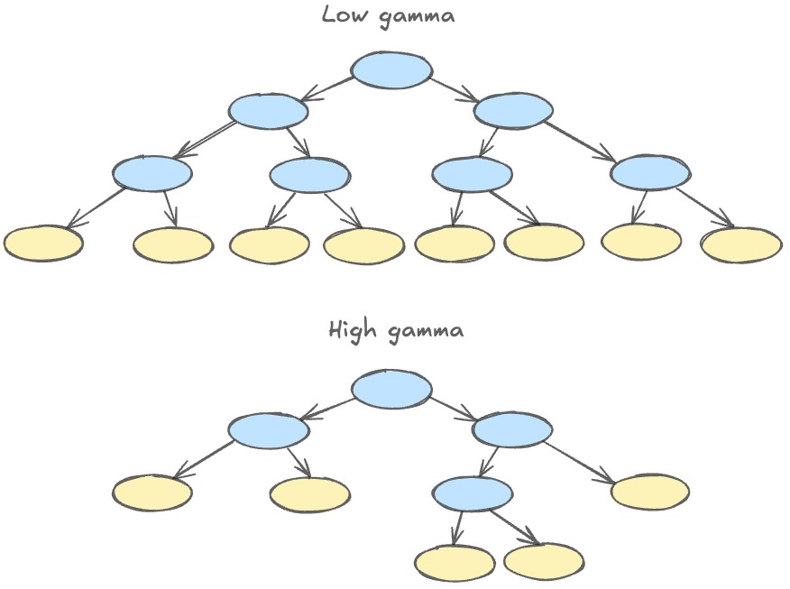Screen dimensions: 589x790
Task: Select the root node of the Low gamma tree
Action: point(391,70)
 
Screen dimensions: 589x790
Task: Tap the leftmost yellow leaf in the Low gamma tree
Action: point(43,244)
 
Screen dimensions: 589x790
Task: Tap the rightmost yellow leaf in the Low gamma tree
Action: point(741,244)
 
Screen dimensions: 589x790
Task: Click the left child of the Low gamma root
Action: point(268,111)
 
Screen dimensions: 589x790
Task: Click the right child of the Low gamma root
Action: point(513,110)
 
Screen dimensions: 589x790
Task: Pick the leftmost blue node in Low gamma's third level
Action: point(152,173)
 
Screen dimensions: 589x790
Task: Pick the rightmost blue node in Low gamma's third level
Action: point(650,173)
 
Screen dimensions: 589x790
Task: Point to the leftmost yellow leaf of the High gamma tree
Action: point(152,492)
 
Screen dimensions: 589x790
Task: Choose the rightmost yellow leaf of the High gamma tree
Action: point(650,492)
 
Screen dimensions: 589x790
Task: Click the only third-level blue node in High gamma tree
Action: point(473,494)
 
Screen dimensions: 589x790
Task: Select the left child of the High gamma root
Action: point(268,430)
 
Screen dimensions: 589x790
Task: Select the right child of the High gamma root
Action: point(513,430)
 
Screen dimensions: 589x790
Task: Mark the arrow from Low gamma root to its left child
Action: point(326,88)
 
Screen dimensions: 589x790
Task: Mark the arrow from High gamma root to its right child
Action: point(454,409)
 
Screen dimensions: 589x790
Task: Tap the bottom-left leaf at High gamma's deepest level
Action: point(455,563)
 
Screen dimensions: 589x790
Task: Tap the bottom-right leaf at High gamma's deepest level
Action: point(544,561)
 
